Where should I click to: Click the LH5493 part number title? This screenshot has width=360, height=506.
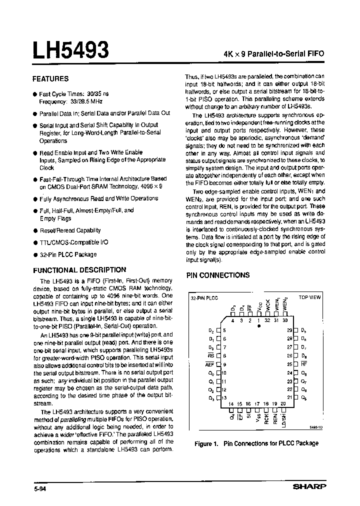point(70,50)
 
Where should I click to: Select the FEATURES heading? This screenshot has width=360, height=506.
point(50,78)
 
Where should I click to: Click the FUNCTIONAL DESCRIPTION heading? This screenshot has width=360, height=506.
point(79,269)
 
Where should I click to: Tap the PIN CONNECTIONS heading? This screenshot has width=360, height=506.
point(217,275)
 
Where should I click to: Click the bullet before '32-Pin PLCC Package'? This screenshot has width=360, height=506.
point(35,254)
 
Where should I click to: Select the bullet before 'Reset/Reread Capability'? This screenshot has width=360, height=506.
point(35,231)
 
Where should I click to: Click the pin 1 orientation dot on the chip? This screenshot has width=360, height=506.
point(259,325)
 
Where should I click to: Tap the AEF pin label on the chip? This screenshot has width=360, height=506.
point(210,364)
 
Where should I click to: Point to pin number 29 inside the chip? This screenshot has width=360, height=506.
point(289,330)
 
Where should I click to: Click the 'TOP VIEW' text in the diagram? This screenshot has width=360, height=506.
point(309,297)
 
